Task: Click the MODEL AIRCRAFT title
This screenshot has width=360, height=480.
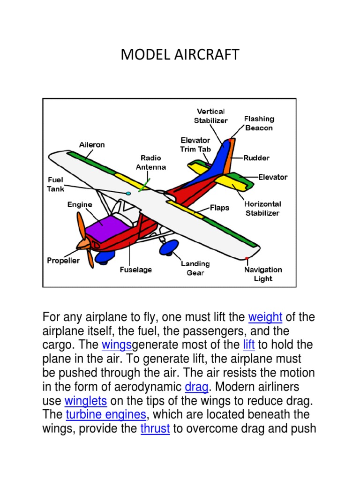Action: pos(180,55)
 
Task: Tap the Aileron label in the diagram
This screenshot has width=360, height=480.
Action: pos(92,145)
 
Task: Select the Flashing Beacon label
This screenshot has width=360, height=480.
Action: pos(259,123)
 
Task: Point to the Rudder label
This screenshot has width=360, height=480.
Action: pos(256,158)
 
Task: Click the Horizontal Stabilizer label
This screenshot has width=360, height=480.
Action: pos(262,209)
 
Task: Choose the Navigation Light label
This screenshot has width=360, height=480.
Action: pos(263,274)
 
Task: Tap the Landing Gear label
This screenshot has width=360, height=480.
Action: pos(195,268)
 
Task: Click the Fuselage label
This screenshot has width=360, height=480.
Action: pos(136,270)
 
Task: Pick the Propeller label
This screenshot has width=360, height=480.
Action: pos(63,261)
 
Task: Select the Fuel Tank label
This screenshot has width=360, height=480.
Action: pos(56,184)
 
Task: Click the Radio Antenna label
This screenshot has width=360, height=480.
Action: pos(151,162)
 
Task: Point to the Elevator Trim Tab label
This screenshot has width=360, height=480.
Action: pos(196,145)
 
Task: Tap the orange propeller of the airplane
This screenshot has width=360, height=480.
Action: pos(84,239)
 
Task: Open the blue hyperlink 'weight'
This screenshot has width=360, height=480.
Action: pos(265,317)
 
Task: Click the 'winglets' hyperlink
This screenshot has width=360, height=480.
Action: pos(86,401)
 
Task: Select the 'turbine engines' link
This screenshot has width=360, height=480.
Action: pos(106,415)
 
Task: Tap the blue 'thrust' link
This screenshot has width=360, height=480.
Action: pos(155,429)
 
